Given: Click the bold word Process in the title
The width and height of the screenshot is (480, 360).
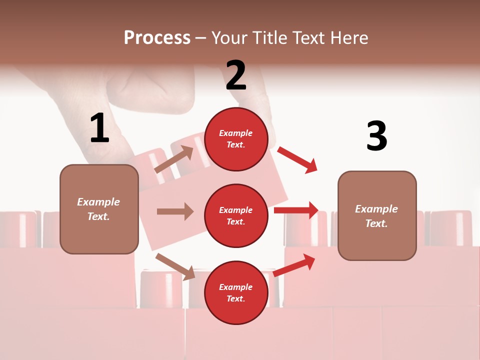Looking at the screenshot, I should pyautogui.click(x=157, y=38).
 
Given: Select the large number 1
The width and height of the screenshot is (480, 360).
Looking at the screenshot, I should pyautogui.click(x=99, y=129).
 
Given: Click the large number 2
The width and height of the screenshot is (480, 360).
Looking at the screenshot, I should pyautogui.click(x=236, y=75).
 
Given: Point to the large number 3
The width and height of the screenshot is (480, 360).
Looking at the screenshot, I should pyautogui.click(x=376, y=136).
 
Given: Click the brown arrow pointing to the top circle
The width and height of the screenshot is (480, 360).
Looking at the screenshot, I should pyautogui.click(x=174, y=159).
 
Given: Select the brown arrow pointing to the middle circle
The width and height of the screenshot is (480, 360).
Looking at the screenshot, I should pyautogui.click(x=175, y=211).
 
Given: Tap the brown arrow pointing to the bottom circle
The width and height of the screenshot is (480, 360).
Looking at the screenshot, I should pyautogui.click(x=175, y=266).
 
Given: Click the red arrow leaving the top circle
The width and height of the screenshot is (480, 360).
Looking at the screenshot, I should pyautogui.click(x=297, y=159).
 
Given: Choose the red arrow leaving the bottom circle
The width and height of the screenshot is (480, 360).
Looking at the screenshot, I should pyautogui.click(x=294, y=265).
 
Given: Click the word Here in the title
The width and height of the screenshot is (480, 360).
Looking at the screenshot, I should pyautogui.click(x=349, y=38).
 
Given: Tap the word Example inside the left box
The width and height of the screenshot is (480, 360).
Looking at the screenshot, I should pyautogui.click(x=98, y=202).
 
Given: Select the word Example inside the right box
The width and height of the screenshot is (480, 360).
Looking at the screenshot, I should pyautogui.click(x=376, y=209).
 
